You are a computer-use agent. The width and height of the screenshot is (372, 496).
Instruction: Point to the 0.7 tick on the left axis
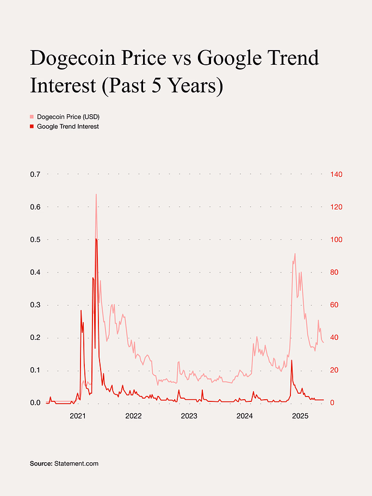click(35, 174)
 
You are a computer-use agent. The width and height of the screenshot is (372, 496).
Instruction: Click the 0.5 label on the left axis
click(35, 239)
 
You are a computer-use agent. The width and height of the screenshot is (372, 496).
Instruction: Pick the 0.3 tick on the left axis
click(35, 305)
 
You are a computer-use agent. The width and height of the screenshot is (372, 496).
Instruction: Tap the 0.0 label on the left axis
click(35, 402)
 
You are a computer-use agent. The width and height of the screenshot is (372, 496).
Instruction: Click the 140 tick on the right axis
click(336, 174)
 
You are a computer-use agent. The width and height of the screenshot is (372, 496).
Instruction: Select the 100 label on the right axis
click(336, 239)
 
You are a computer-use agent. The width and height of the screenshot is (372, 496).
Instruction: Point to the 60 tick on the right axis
click(334, 305)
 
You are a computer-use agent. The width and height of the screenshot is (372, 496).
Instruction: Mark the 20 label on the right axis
click(334, 370)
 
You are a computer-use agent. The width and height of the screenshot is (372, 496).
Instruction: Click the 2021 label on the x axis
click(78, 416)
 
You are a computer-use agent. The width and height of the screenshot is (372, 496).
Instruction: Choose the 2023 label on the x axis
click(189, 416)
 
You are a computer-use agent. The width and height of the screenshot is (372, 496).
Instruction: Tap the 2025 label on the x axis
click(300, 416)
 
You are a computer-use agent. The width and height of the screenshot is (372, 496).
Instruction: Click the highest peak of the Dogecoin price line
click(96, 194)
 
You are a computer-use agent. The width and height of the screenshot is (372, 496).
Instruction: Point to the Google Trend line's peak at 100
click(96, 239)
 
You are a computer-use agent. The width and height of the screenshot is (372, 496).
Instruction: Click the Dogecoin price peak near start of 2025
click(295, 253)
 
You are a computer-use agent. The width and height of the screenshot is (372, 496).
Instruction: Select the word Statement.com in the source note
click(76, 464)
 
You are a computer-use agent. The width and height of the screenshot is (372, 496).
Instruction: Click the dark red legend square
click(32, 127)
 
